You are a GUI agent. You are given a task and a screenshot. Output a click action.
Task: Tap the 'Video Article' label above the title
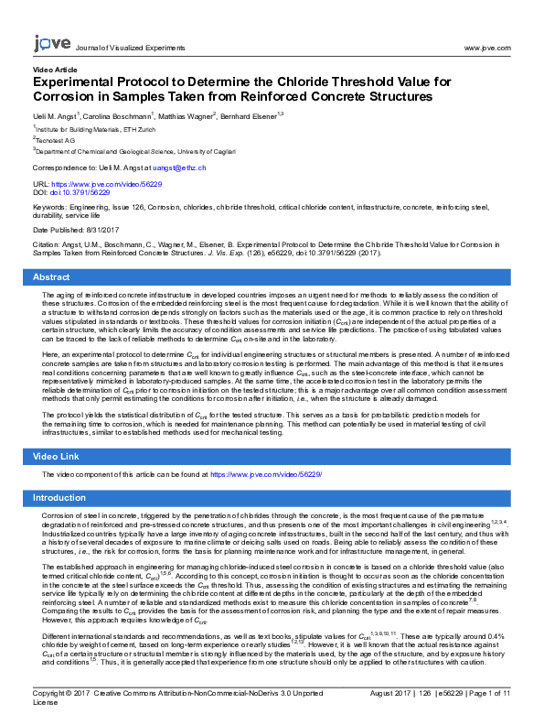55,70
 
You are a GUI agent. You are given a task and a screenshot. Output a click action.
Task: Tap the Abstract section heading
51,277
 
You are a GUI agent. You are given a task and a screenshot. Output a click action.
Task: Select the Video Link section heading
57,456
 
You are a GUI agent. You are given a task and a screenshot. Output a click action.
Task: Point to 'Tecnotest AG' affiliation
57,141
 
